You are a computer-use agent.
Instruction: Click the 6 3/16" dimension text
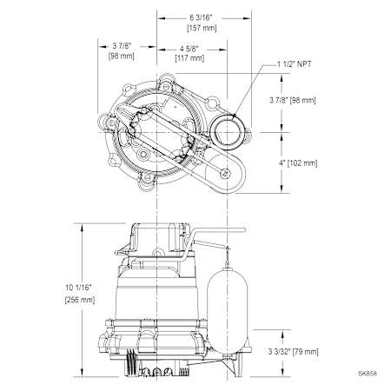pyautogui.click(x=201, y=17)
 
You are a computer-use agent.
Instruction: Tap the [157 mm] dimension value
pyautogui.click(x=202, y=28)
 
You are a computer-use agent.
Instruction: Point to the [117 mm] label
pyautogui.click(x=189, y=58)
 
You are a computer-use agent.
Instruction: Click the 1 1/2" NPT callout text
pyautogui.click(x=295, y=64)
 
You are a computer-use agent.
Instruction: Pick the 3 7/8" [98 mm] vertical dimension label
pyautogui.click(x=293, y=100)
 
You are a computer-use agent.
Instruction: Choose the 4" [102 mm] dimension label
pyautogui.click(x=298, y=163)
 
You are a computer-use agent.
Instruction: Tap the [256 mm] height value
pyautogui.click(x=80, y=300)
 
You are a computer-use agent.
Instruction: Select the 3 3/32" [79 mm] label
pyautogui.click(x=293, y=352)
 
